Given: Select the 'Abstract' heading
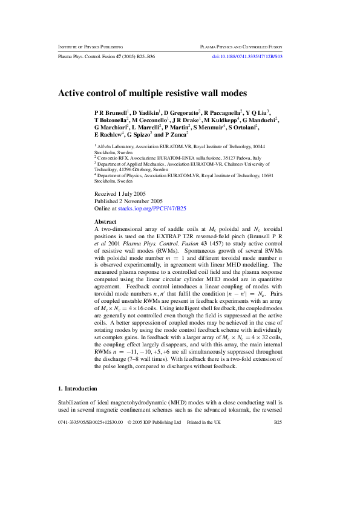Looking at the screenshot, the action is click(105, 222).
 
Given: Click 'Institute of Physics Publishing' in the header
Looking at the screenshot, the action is click(90, 47).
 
